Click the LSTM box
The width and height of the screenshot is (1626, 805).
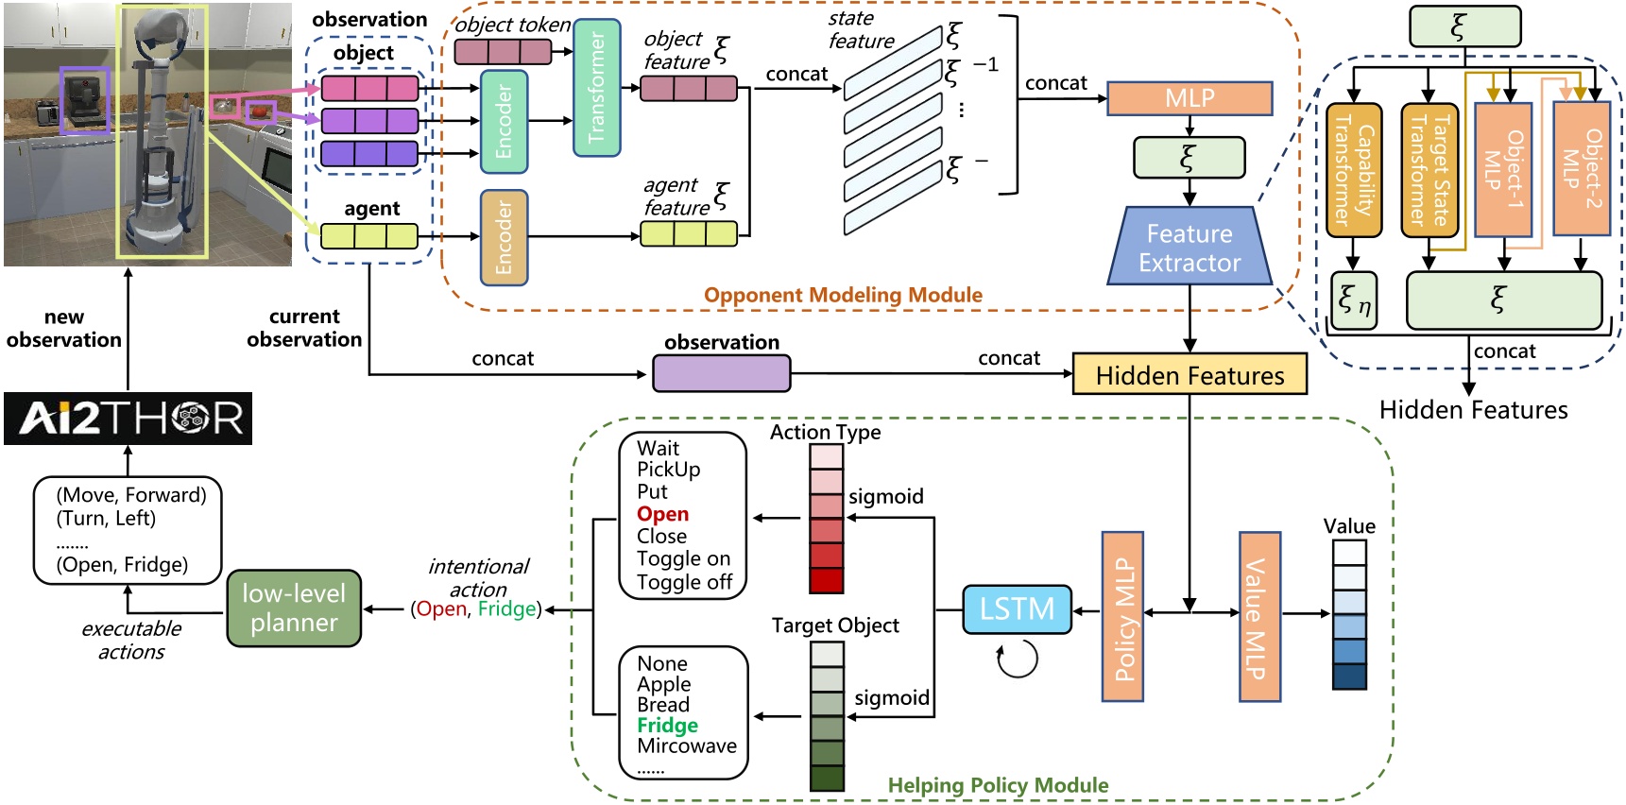click(x=1017, y=609)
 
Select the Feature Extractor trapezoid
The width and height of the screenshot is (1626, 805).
click(x=1190, y=248)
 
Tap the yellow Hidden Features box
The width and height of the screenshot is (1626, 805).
click(x=1190, y=375)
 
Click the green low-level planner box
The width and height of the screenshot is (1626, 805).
click(x=294, y=608)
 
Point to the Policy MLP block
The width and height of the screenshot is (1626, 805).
click(x=1122, y=617)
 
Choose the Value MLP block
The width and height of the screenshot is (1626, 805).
click(x=1259, y=617)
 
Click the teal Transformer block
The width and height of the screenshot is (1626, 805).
click(x=597, y=88)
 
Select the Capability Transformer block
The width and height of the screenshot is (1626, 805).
click(x=1353, y=170)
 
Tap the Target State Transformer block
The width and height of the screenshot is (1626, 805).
click(x=1429, y=170)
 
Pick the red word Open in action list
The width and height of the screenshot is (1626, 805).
click(x=662, y=514)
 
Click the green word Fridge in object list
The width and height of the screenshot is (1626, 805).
click(x=667, y=726)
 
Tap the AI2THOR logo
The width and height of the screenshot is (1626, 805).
click(x=128, y=418)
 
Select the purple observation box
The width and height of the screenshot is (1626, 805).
click(x=721, y=374)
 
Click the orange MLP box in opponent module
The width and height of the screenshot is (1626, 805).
click(x=1190, y=98)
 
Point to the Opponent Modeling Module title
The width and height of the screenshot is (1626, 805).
click(x=843, y=295)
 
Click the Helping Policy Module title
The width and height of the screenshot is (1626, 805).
click(x=998, y=785)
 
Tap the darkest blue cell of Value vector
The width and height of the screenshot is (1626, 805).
click(x=1349, y=677)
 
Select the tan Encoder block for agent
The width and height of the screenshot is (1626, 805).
click(x=504, y=238)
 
